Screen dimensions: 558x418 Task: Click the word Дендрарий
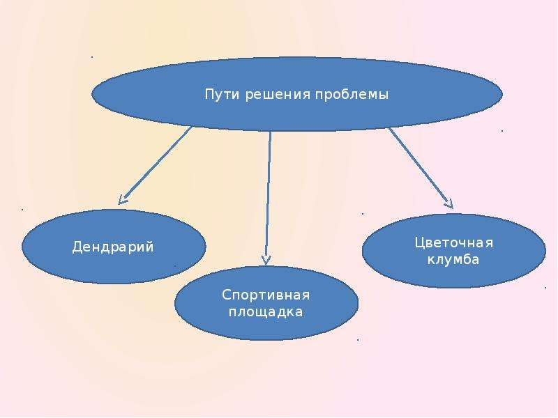click(113, 247)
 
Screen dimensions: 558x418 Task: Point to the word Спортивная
click(266, 295)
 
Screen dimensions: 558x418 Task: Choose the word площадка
click(266, 312)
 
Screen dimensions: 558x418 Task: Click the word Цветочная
click(454, 243)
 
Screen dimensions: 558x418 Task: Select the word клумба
click(453, 259)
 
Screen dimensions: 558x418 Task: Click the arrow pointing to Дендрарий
click(155, 165)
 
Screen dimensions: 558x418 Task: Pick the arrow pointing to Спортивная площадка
click(268, 198)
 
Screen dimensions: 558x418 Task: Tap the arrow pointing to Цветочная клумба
click(421, 168)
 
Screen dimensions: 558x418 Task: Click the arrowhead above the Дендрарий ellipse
click(123, 199)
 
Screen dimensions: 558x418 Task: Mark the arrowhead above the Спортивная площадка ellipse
click(266, 260)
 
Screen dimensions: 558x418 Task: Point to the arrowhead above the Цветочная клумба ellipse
click(449, 204)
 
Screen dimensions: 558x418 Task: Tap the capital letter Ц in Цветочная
click(421, 243)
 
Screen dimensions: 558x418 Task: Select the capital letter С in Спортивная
click(227, 295)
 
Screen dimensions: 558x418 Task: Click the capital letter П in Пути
click(210, 95)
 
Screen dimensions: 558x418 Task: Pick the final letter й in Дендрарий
click(149, 246)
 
